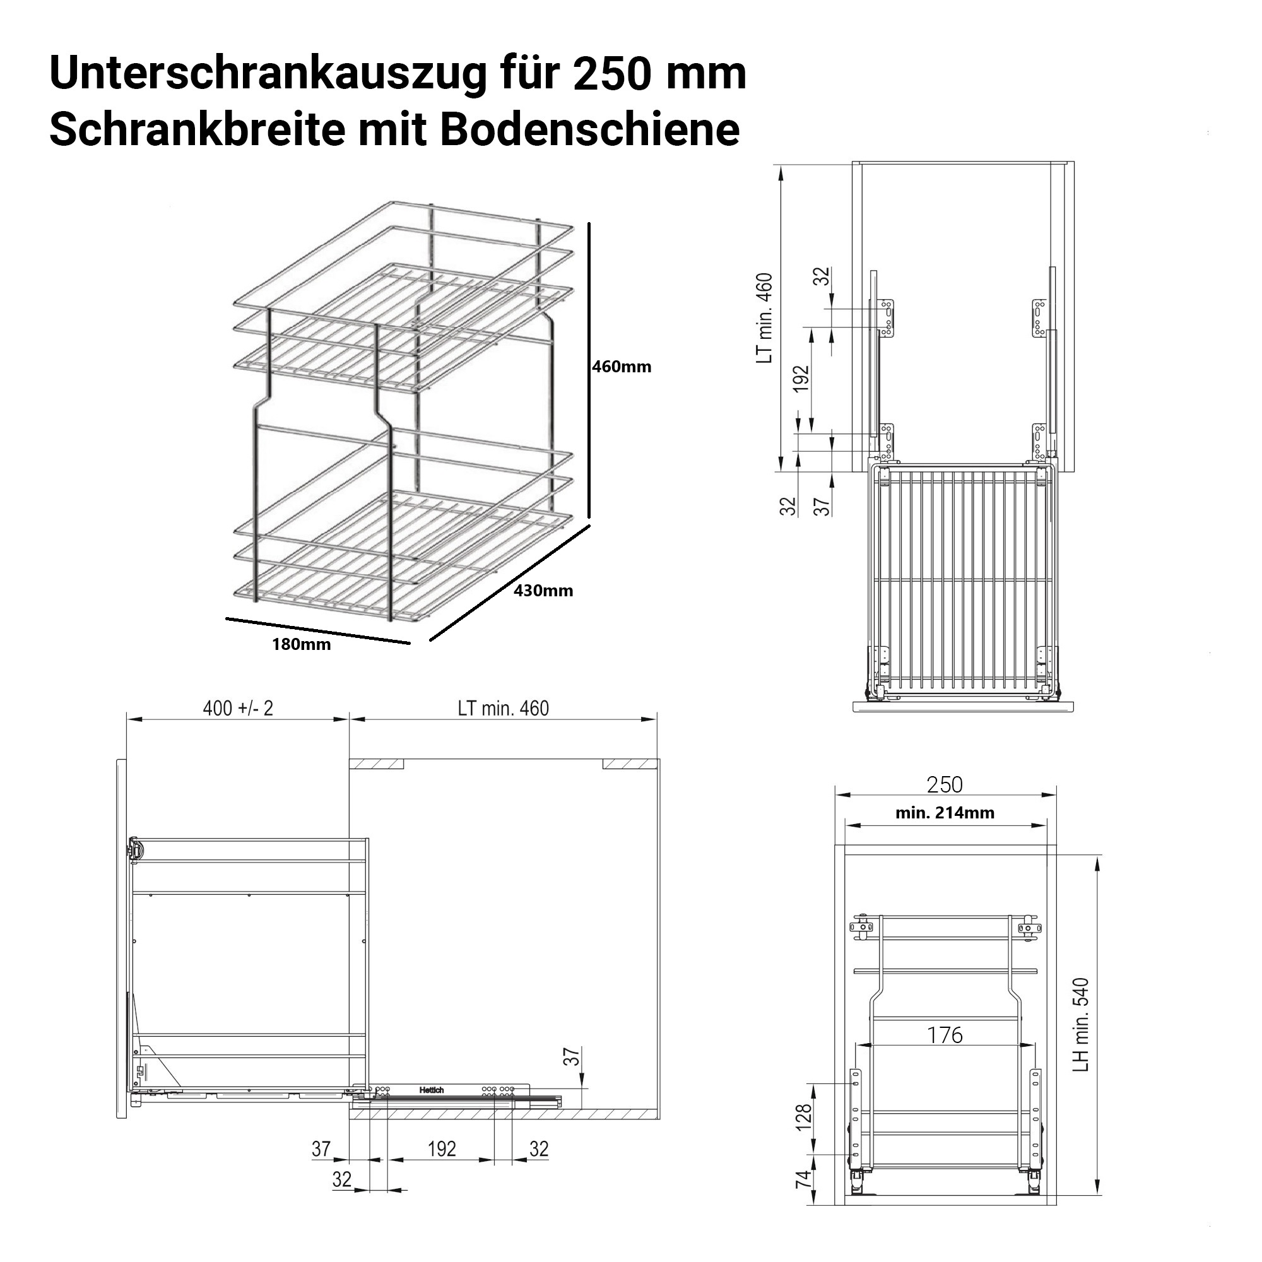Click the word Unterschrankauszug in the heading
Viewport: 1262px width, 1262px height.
[268, 74]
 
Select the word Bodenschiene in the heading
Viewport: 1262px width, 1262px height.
[589, 129]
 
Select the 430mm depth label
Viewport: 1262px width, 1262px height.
[543, 591]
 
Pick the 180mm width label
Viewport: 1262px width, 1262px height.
[301, 645]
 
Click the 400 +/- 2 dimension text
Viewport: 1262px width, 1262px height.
[238, 708]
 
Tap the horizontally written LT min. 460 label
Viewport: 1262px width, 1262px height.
[503, 708]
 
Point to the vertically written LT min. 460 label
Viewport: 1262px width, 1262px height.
[764, 318]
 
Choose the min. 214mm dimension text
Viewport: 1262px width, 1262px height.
[945, 813]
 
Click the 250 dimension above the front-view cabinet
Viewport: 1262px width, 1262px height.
[945, 784]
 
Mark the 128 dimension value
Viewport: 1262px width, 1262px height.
[803, 1117]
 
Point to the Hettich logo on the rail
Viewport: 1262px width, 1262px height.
[432, 1090]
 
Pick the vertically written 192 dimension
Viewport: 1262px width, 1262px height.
[801, 379]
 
